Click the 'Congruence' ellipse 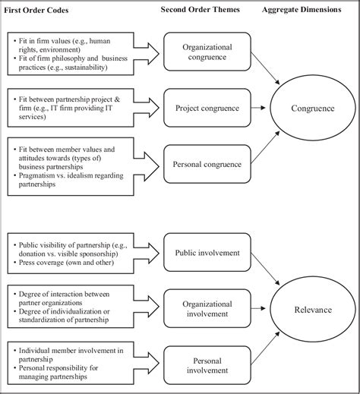pos(312,108)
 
